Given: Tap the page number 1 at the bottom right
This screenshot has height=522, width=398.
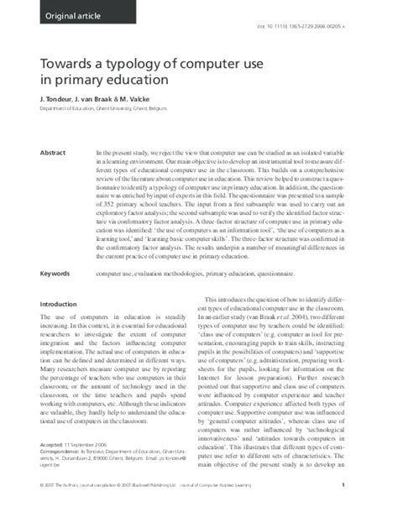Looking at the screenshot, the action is pyautogui.click(x=367, y=509).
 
